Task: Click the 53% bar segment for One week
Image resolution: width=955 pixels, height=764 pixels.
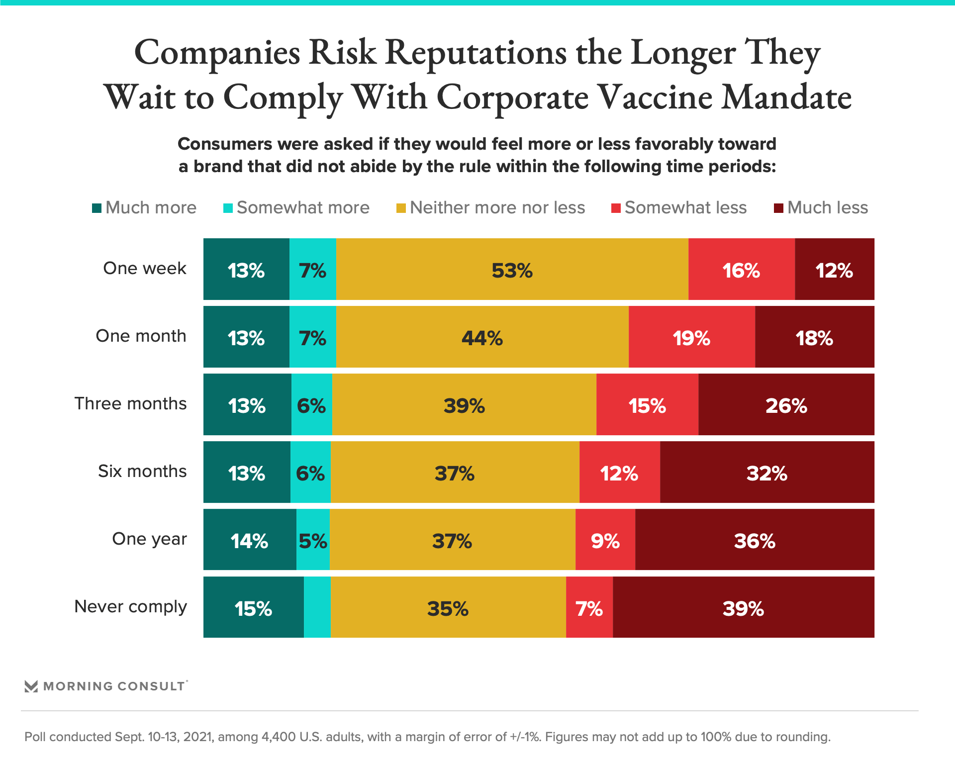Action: pos(512,269)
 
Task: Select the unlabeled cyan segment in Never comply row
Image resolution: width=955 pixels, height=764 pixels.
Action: pos(317,607)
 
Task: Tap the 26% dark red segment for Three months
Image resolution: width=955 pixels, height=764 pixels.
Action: pos(786,404)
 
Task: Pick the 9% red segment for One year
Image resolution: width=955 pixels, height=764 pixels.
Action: pos(605,540)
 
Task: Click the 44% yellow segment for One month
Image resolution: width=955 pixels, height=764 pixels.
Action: pos(482,337)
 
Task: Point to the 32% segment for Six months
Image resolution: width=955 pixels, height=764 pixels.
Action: pos(766,472)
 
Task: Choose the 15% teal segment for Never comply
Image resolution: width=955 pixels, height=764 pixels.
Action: pos(253,607)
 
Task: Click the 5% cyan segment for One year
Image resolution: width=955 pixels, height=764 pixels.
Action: pos(313,540)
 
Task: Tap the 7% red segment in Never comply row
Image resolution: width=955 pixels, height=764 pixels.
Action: pos(589,607)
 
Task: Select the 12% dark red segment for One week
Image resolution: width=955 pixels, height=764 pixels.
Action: pos(834,269)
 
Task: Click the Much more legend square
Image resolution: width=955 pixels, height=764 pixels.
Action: pos(97,208)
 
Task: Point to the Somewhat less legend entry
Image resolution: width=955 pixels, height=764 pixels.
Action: pos(679,208)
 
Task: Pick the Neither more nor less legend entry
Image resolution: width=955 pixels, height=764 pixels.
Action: pos(490,208)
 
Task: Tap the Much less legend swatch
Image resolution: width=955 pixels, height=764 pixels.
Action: pos(778,208)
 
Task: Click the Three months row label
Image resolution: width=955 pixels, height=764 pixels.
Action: pos(130,403)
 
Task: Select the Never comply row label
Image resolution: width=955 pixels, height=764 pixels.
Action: pos(130,606)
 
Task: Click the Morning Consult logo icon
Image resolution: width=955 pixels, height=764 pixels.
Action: pos(31,686)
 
